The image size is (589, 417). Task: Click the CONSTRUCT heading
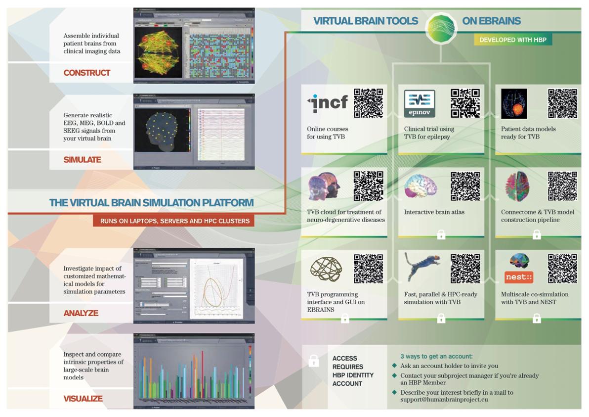click(87, 73)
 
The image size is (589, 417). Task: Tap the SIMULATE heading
click(82, 160)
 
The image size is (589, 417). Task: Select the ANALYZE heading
click(81, 313)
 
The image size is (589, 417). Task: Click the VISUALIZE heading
click(83, 399)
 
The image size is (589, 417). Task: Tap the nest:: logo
click(519, 277)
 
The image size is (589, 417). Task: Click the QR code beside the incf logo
click(368, 103)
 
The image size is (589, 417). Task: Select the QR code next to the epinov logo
click(465, 103)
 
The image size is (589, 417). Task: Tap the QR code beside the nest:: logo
click(562, 269)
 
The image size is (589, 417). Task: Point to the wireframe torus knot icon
click(326, 269)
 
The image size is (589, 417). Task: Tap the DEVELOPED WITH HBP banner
click(513, 40)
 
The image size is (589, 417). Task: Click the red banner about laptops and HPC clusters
click(173, 221)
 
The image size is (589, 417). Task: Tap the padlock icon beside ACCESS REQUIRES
click(314, 361)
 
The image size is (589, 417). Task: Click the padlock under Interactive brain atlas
click(441, 234)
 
